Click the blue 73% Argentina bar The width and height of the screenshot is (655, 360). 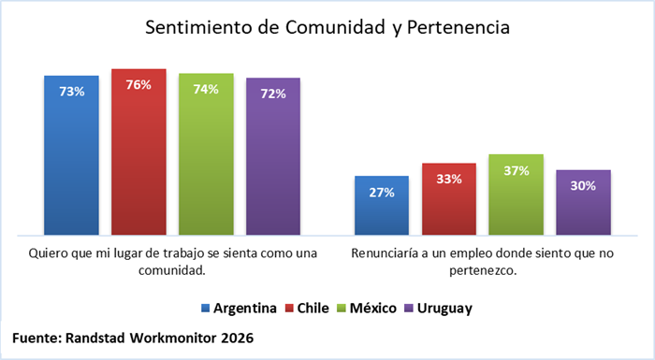coord(71,155)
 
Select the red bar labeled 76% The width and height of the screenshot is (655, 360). coord(138,152)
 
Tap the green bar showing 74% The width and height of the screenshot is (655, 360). coord(206,154)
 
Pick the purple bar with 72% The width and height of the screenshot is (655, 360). coord(273,156)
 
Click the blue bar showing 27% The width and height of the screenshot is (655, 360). coord(382,206)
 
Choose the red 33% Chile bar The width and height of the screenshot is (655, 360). coord(449,199)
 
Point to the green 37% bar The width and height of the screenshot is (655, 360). coord(517,194)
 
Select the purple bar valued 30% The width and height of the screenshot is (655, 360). coord(584,203)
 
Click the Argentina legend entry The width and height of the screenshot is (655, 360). coord(239,309)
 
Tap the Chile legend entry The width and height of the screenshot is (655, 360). coord(307,309)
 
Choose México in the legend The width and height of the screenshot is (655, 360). coord(367,309)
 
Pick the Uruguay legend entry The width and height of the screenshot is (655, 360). coord(439,309)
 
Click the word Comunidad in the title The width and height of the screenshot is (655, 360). coord(335,27)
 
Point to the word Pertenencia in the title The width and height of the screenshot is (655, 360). coord(458,27)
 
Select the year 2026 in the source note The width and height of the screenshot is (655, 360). coord(238,338)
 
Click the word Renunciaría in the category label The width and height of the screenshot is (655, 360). coord(385,253)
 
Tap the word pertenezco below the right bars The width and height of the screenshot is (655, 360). coord(483,271)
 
